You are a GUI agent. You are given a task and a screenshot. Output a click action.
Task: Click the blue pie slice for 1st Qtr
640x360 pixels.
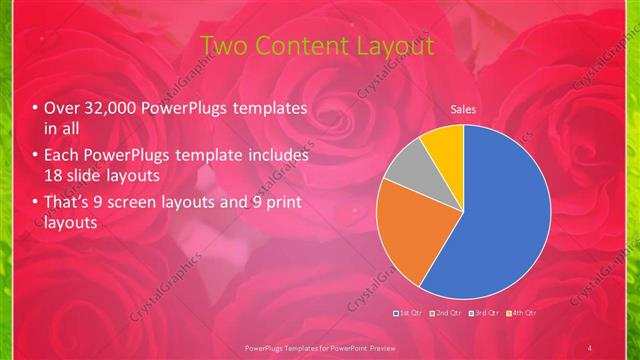505,210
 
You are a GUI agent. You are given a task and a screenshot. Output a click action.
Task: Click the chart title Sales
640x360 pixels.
462,109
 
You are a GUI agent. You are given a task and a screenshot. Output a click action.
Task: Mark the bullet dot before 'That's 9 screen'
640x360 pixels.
36,205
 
